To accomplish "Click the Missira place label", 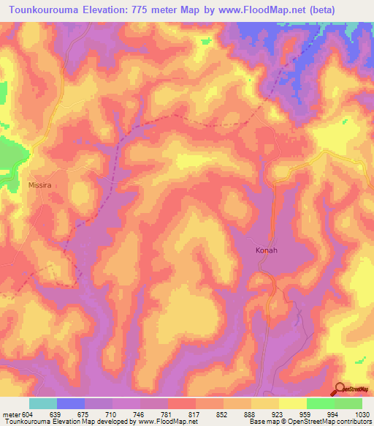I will point(40,186).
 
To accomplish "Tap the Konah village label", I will point(266,250).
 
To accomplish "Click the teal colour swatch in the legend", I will point(43,403).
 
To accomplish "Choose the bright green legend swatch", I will point(320,403).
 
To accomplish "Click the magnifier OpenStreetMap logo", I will point(340,389).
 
